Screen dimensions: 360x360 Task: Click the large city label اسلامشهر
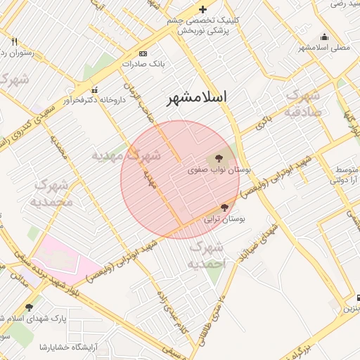click(202, 98)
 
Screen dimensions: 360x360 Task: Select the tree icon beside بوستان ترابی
click(224, 207)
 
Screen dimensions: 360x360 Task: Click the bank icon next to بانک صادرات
click(143, 54)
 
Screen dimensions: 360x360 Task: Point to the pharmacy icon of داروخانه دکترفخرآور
click(94, 89)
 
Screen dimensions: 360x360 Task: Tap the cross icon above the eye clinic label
click(203, 9)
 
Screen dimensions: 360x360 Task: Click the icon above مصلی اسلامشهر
click(324, 37)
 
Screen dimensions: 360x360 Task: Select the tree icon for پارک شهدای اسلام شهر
click(29, 307)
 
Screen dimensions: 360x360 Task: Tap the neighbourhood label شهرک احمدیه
click(206, 255)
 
